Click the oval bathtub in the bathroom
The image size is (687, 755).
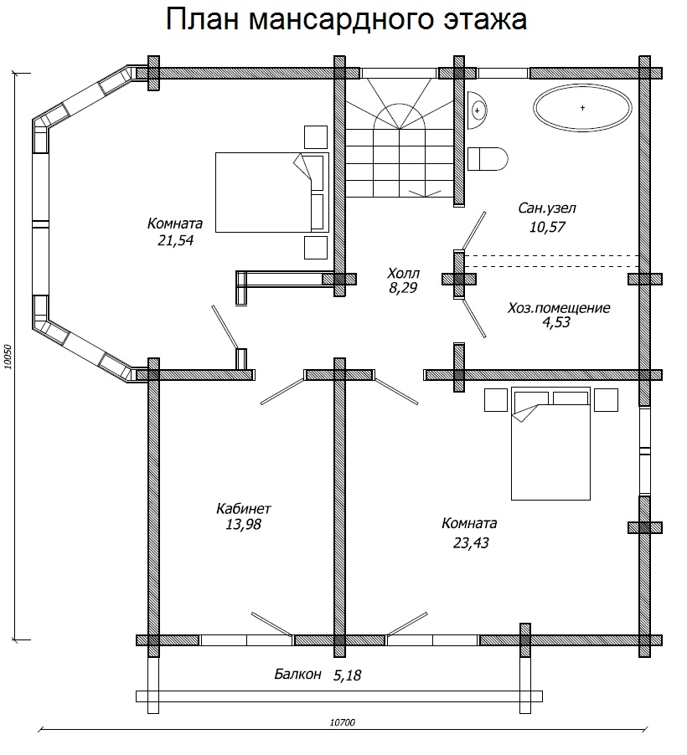[x=582, y=108]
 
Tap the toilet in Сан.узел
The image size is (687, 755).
[x=488, y=159]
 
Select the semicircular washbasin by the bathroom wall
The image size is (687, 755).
[x=477, y=110]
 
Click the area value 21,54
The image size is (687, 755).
[x=175, y=240]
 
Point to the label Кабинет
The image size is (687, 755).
[x=244, y=508]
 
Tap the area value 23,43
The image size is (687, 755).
[x=471, y=542]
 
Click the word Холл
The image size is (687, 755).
[x=403, y=274]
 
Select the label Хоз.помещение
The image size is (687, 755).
[x=559, y=308]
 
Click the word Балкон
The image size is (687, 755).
[x=297, y=674]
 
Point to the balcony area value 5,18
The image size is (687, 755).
[x=347, y=675]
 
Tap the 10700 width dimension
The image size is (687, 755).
[x=343, y=722]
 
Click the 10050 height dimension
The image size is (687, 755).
[x=7, y=357]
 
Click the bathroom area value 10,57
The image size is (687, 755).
[x=547, y=226]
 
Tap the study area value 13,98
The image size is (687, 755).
[x=244, y=524]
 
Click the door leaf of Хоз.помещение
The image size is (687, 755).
[x=474, y=318]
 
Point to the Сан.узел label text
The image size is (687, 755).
[x=547, y=208]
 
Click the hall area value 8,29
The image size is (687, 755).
[x=403, y=288]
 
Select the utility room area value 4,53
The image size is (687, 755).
[x=556, y=322]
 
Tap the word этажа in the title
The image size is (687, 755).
[x=485, y=19]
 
